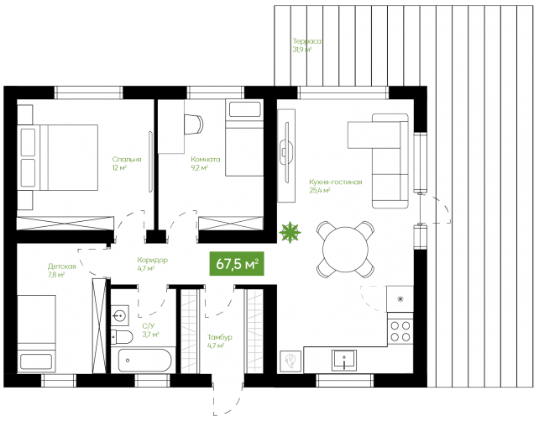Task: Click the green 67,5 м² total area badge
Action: (237, 264)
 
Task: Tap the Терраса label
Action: (307, 41)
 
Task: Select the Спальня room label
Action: (127, 160)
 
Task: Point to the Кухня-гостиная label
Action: (336, 182)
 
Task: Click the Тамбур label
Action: (220, 337)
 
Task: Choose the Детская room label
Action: (62, 266)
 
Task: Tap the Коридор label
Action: (152, 260)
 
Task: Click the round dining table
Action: (345, 250)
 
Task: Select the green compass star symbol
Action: (290, 232)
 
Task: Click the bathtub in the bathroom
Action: (144, 360)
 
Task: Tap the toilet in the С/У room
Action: (122, 337)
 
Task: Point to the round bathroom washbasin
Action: (119, 315)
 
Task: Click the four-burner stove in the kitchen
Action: (400, 330)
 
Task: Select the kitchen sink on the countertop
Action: (343, 361)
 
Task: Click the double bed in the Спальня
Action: (59, 157)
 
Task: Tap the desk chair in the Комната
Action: (194, 124)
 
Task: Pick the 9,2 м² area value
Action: (199, 168)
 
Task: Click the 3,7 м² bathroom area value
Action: (150, 335)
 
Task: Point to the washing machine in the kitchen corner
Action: (290, 361)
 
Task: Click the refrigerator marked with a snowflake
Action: (400, 298)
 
